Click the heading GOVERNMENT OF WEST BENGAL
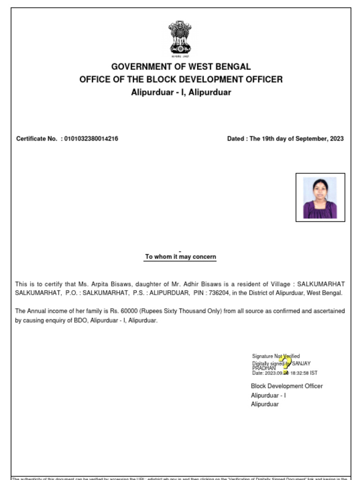(x=181, y=67)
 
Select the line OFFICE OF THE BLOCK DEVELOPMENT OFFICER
(x=181, y=79)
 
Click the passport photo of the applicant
(x=320, y=197)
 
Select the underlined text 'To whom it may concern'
(x=180, y=257)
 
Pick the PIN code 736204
(x=217, y=293)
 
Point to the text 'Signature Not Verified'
(x=276, y=356)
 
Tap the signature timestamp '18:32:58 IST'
(x=304, y=373)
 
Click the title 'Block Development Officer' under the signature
(x=286, y=386)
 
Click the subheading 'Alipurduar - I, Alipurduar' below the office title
(x=181, y=92)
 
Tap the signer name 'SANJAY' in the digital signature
(x=301, y=363)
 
